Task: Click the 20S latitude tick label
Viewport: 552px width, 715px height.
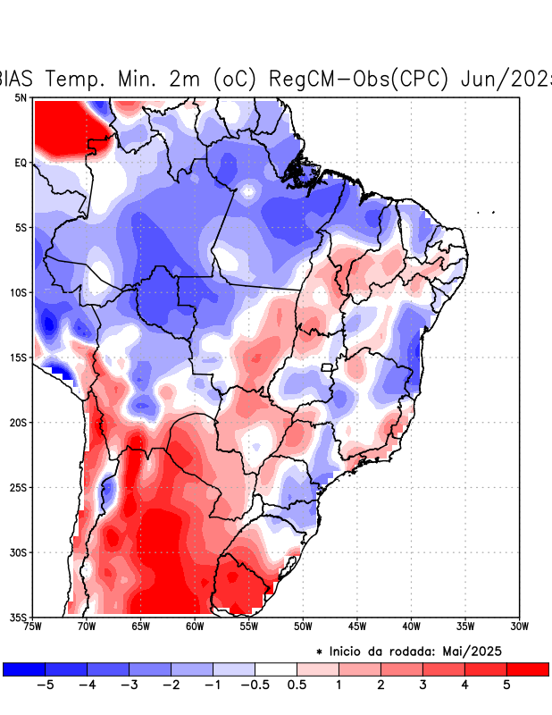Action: [x=19, y=422]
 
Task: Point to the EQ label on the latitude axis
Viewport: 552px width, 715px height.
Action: [x=21, y=163]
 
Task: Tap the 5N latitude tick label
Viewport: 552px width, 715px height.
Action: [x=21, y=97]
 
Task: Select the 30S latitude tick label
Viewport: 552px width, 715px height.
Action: [x=19, y=551]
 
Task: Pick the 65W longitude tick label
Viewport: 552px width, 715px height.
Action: [x=140, y=626]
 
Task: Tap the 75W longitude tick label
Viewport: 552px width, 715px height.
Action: [x=33, y=626]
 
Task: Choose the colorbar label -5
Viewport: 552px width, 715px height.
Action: [x=43, y=685]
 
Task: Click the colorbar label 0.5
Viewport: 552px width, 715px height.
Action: [x=297, y=685]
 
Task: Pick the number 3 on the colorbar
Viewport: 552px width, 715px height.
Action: [x=422, y=685]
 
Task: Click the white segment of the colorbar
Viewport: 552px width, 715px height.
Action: [x=275, y=669]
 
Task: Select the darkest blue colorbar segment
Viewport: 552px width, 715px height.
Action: [x=24, y=669]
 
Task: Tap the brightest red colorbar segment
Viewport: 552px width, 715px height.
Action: [x=527, y=669]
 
